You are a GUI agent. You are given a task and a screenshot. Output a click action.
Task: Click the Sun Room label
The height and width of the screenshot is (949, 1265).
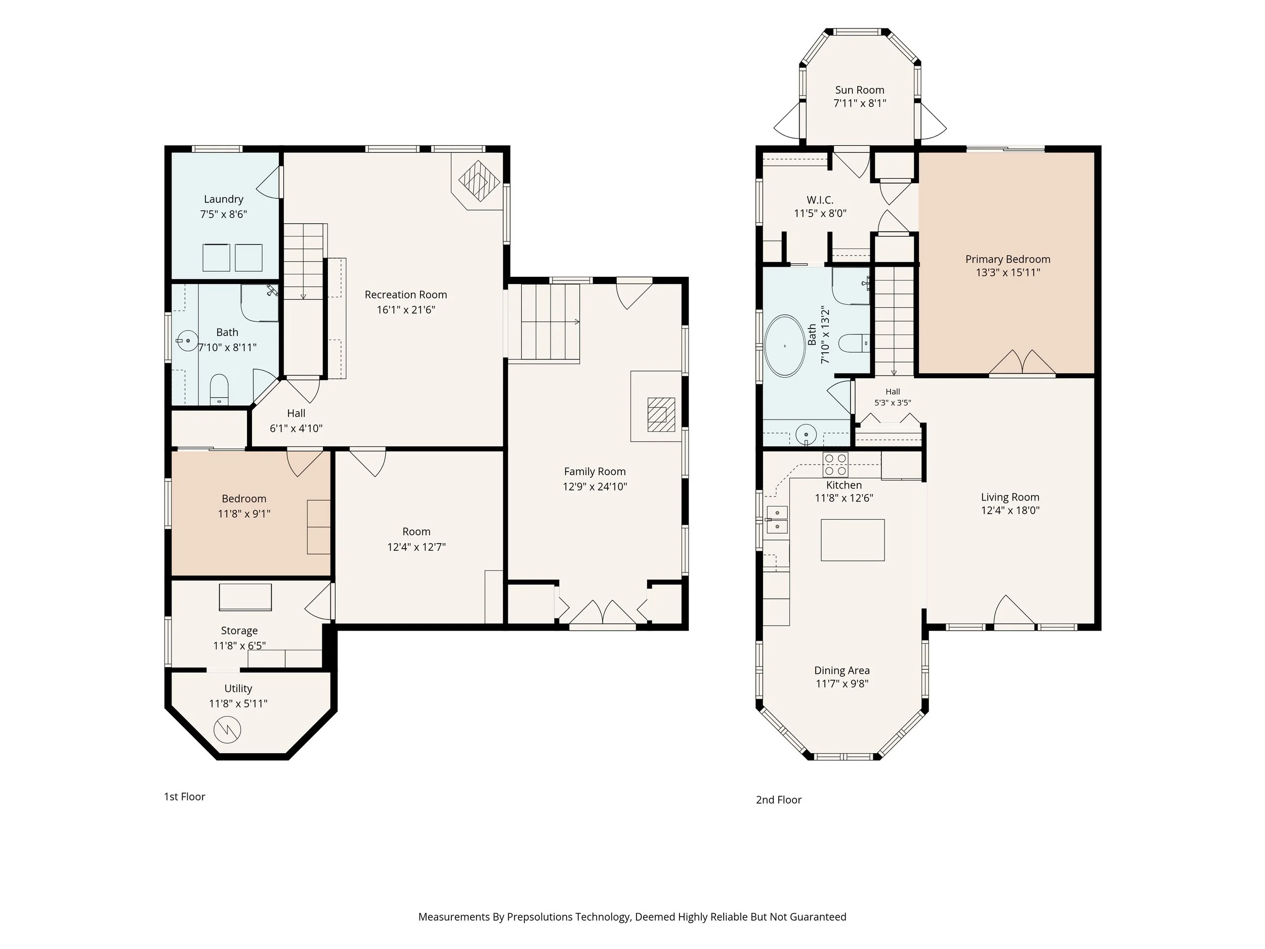[860, 90]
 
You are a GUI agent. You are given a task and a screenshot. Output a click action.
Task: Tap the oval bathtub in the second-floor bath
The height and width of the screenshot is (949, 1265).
[785, 346]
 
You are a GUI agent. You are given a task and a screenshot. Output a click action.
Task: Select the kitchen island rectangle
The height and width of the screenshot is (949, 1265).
[853, 540]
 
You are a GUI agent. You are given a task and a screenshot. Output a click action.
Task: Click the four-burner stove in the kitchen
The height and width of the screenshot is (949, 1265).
[835, 465]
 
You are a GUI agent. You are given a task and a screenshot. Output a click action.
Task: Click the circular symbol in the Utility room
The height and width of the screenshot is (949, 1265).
[228, 729]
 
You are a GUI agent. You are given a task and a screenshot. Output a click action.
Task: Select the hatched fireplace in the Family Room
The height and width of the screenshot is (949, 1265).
[661, 414]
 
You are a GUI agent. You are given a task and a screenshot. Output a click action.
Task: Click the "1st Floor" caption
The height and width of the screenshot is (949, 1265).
[185, 796]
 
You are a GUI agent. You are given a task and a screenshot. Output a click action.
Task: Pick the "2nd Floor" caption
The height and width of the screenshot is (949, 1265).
[779, 800]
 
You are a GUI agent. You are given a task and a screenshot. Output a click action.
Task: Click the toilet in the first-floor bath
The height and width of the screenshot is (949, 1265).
[219, 390]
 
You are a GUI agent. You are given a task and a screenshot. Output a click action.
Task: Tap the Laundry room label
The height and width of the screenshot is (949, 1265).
[224, 199]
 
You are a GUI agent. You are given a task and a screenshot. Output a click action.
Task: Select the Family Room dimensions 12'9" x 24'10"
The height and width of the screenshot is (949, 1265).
[595, 486]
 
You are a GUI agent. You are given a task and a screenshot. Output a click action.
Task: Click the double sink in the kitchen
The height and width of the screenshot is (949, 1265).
[777, 519]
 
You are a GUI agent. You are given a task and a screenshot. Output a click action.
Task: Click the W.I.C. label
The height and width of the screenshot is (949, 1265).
[820, 199]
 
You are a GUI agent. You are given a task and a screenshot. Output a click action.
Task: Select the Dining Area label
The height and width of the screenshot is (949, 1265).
[842, 671]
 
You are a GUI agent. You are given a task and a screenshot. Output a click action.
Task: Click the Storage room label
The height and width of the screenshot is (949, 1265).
[239, 630]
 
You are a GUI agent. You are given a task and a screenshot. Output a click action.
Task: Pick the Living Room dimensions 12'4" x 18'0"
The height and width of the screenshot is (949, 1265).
[1010, 510]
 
